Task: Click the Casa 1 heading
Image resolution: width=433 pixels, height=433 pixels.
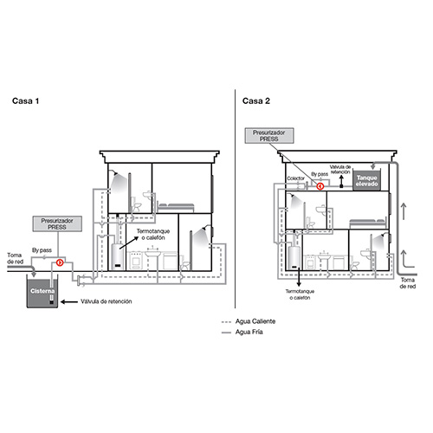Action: click(x=26, y=100)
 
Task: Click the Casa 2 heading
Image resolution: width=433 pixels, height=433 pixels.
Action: click(x=256, y=100)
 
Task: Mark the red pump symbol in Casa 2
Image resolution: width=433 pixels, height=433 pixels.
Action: click(x=320, y=184)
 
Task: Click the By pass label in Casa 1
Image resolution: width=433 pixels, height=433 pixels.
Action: click(x=42, y=249)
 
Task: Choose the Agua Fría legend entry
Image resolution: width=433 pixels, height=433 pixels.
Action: click(x=259, y=332)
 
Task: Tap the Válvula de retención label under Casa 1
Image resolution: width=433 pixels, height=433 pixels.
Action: click(x=107, y=302)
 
